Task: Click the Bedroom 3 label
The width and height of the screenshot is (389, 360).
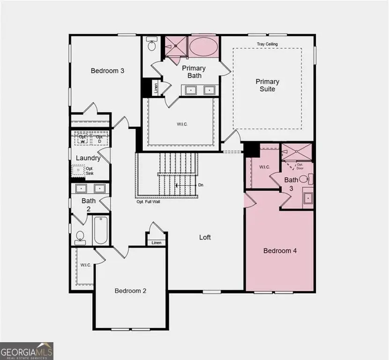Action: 107,71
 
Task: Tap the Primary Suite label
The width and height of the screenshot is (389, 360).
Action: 268,85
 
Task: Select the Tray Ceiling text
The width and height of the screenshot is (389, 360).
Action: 267,44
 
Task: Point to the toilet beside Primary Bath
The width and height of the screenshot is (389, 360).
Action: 151,45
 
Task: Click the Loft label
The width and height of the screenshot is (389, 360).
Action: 205,237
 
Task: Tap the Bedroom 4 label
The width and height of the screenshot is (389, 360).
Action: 280,251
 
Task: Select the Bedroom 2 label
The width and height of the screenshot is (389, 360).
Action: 131,291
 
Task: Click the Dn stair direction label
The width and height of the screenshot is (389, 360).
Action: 201,185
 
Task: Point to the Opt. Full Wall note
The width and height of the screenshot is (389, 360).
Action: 148,202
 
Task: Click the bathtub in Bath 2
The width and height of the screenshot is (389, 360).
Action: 100,230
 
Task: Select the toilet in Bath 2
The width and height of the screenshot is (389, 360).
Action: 80,237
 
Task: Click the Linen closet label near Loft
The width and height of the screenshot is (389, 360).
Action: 156,243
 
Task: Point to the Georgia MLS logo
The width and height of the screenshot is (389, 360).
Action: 27,351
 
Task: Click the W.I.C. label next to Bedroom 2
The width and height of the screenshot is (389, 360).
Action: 85,265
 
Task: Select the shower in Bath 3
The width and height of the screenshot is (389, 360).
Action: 297,153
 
